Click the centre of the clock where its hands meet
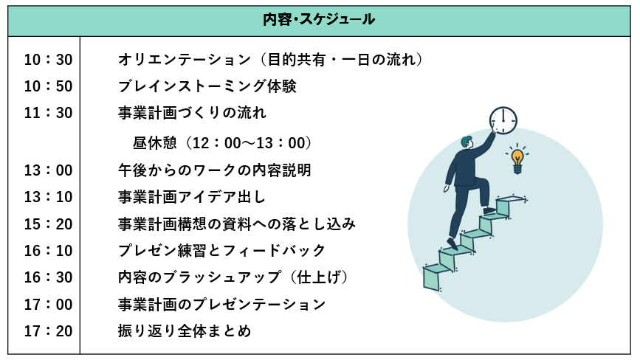pyautogui.click(x=503, y=121)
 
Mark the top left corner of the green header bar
pyautogui.click(x=8, y=6)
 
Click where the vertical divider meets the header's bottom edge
pyautogui.click(x=80, y=37)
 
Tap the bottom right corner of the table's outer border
pyautogui.click(x=631, y=354)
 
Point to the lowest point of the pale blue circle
pyautogui.click(x=506, y=322)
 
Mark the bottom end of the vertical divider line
pyautogui.click(x=80, y=354)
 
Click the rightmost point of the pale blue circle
pyautogui.click(x=603, y=225)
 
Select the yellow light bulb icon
pyautogui.click(x=517, y=159)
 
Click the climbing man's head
pyautogui.click(x=467, y=142)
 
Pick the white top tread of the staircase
pyautogui.click(x=511, y=199)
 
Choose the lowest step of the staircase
pyautogui.click(x=437, y=277)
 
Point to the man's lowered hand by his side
pyautogui.click(x=447, y=188)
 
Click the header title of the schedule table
pyautogui.click(x=319, y=20)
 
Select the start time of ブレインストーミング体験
pyautogui.click(x=48, y=86)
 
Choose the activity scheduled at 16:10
pyautogui.click(x=221, y=250)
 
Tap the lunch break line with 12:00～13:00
pyautogui.click(x=222, y=143)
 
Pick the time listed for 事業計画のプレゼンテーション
pyautogui.click(x=48, y=305)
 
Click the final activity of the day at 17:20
pyautogui.click(x=185, y=331)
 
